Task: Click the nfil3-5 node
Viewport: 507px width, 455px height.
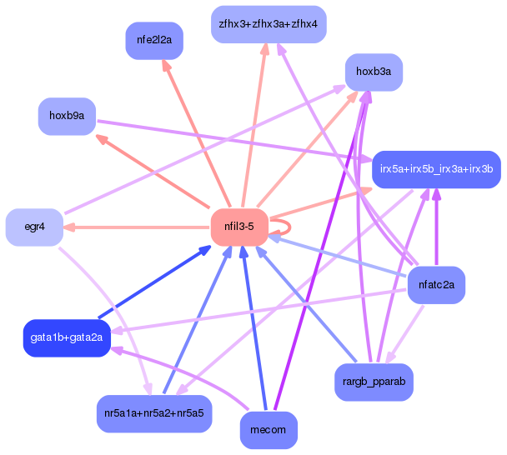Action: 238,227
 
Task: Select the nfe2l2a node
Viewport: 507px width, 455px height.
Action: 154,40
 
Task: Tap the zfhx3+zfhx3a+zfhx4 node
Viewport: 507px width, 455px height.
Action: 268,24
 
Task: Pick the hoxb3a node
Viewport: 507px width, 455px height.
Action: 374,72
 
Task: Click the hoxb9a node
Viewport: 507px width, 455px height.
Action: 67,116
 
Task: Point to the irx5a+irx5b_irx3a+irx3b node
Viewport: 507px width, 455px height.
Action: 436,169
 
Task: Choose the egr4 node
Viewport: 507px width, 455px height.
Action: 34,227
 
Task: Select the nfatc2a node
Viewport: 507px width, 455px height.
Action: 436,285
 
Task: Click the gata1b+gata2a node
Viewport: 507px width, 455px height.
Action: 67,337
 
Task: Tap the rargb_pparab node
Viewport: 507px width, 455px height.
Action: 374,382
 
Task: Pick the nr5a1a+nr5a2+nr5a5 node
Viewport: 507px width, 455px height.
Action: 154,413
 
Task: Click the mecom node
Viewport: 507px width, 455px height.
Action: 268,430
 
